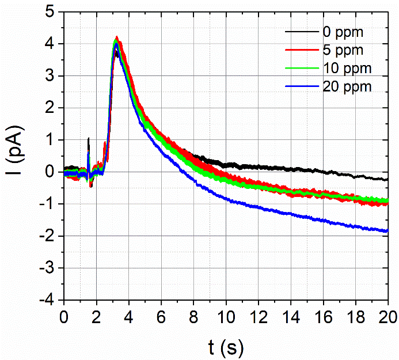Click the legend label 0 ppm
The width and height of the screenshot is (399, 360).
click(348, 31)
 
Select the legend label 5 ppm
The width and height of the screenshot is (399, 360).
click(348, 50)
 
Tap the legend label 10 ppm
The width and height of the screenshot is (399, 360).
click(351, 68)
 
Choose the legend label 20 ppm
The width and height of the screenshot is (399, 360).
click(351, 86)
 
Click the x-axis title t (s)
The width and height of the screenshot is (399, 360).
click(225, 346)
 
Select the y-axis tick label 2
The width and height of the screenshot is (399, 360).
click(51, 108)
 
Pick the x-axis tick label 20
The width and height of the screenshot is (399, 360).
click(387, 316)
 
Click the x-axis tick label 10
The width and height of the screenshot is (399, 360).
click(226, 316)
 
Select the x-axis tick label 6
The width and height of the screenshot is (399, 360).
click(161, 316)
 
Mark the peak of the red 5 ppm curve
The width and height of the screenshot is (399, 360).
click(117, 37)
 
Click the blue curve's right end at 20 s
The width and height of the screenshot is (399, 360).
click(387, 231)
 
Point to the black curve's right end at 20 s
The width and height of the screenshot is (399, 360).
click(387, 179)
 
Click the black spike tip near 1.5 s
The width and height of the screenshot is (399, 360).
click(88, 138)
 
